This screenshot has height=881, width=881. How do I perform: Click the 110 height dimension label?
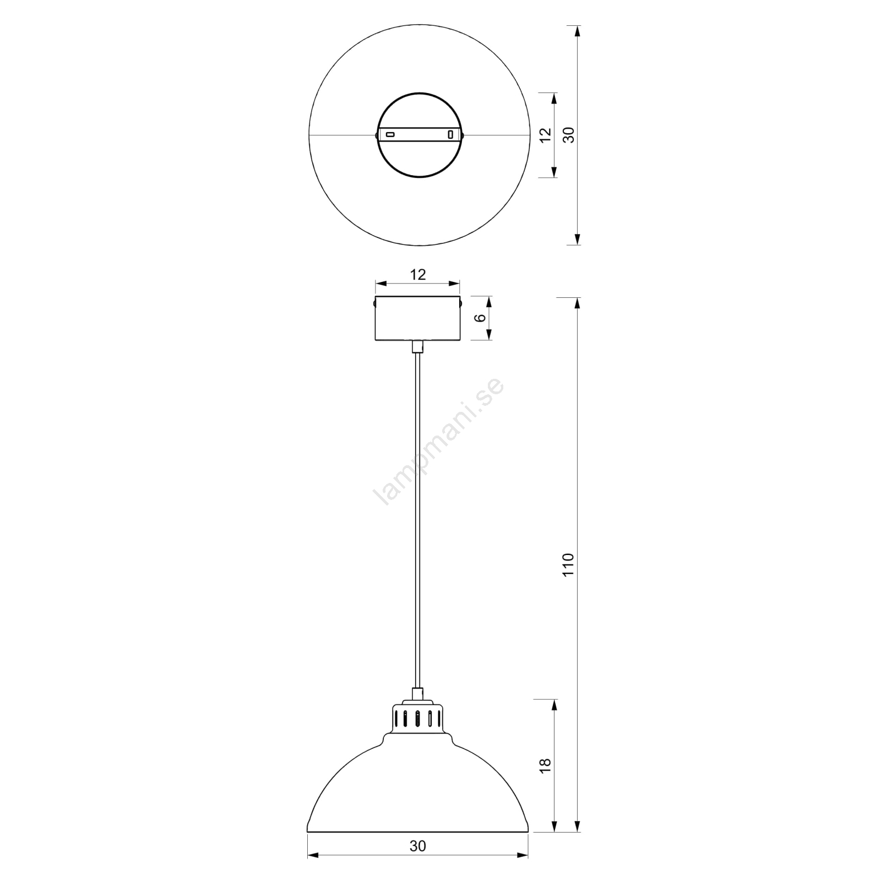(569, 564)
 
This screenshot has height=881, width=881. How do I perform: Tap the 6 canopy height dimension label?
(480, 318)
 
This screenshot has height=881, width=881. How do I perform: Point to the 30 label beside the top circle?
(569, 135)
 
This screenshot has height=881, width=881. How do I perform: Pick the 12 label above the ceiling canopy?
(418, 274)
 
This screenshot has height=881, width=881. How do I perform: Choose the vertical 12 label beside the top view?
(545, 135)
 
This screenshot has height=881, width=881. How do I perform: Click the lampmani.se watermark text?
(438, 441)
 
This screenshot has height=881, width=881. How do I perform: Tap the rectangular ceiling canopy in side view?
(418, 318)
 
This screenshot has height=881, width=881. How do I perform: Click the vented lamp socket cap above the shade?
(418, 718)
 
